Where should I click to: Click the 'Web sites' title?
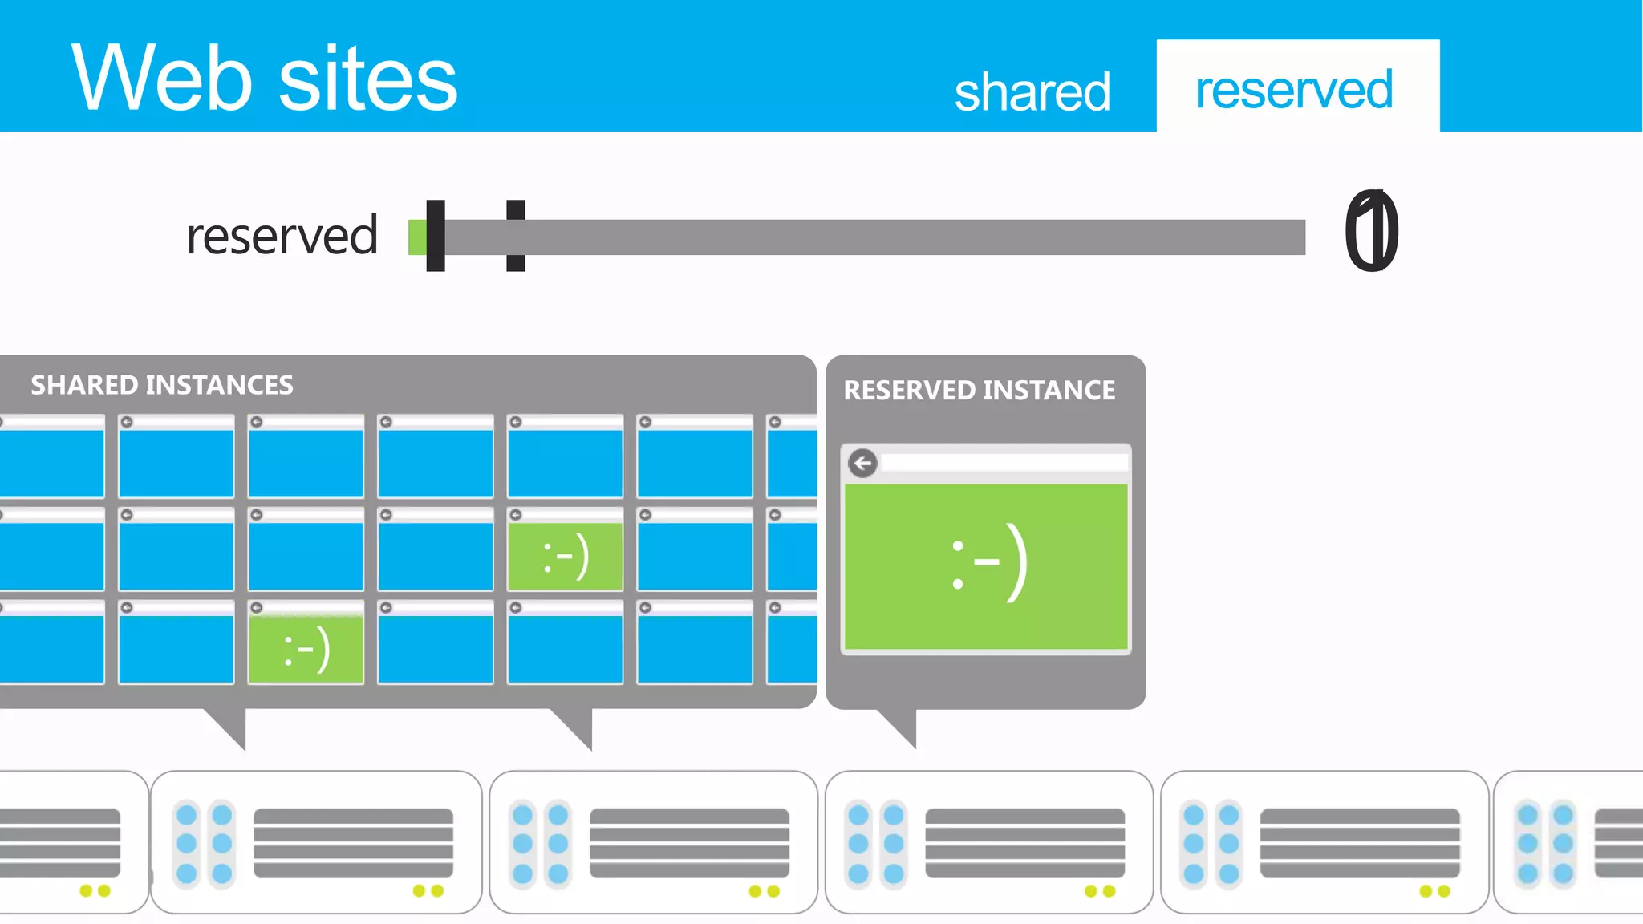click(x=264, y=79)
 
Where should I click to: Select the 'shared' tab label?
click(x=1032, y=91)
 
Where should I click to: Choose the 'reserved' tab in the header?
click(x=1293, y=89)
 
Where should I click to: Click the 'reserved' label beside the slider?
click(x=282, y=236)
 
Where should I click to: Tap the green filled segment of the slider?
click(x=417, y=237)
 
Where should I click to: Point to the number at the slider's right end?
click(x=1371, y=232)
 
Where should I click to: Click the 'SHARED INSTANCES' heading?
click(x=162, y=385)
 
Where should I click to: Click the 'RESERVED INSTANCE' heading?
click(x=979, y=390)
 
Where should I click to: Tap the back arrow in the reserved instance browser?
click(x=862, y=463)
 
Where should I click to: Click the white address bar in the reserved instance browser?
click(x=1003, y=463)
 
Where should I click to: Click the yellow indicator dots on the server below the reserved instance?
click(x=1099, y=891)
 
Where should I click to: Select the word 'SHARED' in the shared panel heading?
click(x=85, y=385)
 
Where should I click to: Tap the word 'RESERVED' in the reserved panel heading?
click(x=909, y=390)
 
